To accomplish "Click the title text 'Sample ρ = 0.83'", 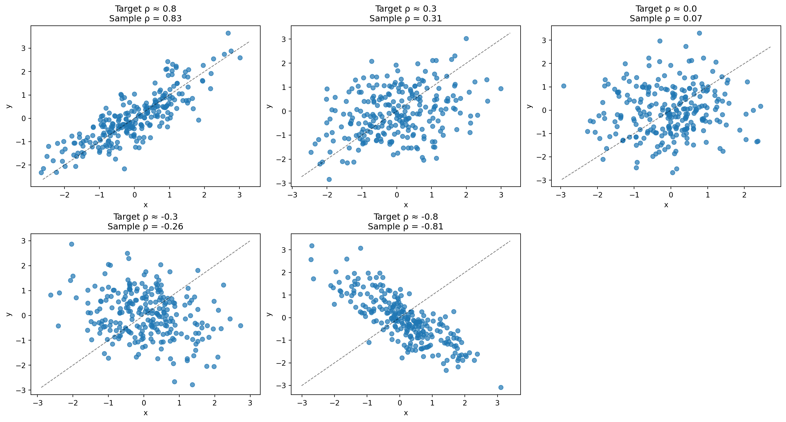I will tap(145, 19).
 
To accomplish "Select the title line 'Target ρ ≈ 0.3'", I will tap(405, 9).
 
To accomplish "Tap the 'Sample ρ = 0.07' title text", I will tap(666, 19).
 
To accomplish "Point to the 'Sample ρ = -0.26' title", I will tap(145, 226).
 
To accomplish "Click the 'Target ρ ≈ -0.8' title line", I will tap(405, 217).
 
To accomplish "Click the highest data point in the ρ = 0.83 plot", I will tap(228, 33).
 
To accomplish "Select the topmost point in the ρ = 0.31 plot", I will tap(466, 39).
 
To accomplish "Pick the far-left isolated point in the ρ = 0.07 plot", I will tap(564, 86).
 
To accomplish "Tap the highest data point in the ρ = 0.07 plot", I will tap(699, 33).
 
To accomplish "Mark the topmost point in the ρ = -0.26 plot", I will tap(72, 244).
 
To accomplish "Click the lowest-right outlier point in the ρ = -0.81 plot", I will tap(501, 388).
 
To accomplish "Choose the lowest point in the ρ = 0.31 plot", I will tap(329, 179).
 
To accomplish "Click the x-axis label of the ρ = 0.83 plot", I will tap(145, 205).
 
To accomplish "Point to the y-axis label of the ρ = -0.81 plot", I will tap(269, 314).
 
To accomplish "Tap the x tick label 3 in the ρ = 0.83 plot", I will tap(239, 195).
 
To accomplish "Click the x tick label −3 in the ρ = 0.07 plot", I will tap(561, 195).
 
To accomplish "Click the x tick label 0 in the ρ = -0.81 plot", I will tap(400, 403).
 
